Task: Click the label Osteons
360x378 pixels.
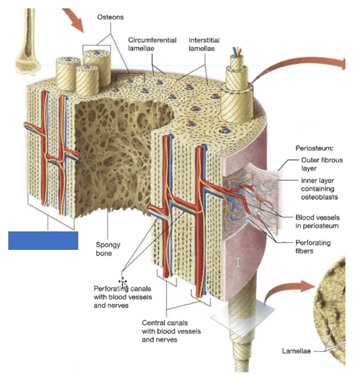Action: point(111,17)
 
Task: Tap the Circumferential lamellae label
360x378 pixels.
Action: point(152,45)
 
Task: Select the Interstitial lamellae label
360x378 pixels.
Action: point(204,45)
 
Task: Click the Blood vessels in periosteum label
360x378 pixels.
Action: point(321,222)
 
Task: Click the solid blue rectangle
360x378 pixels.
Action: point(43,240)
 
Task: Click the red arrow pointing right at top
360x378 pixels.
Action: point(302,67)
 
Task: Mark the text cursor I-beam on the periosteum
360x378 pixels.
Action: point(238,262)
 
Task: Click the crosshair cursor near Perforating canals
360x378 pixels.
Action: point(123,282)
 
